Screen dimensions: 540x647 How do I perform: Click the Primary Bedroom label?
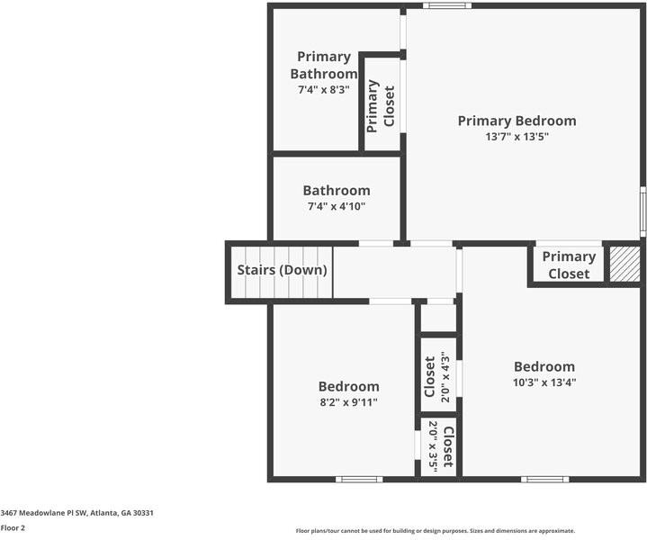click(517, 121)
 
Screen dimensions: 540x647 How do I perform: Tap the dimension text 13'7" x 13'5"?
click(517, 137)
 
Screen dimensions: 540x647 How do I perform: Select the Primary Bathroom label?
click(323, 65)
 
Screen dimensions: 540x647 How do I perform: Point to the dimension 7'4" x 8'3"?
click(323, 90)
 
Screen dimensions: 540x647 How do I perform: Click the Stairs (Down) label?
click(282, 270)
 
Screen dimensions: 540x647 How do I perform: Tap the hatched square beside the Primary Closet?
click(623, 264)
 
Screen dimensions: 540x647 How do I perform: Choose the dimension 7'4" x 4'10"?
click(336, 206)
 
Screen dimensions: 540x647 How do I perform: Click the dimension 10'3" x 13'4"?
click(544, 382)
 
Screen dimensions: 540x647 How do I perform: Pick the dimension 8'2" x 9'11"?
click(348, 401)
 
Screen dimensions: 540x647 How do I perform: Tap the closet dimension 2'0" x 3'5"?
click(433, 446)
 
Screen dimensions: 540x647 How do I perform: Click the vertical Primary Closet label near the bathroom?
click(381, 104)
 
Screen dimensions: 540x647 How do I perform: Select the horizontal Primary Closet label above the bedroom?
click(568, 265)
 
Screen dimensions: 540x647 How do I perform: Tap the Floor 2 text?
click(13, 528)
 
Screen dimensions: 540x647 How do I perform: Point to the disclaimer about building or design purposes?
click(435, 531)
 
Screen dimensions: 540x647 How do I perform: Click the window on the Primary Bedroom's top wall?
click(446, 5)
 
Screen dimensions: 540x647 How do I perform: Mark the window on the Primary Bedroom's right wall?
click(643, 212)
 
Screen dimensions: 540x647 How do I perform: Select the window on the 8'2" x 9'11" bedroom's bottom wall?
click(358, 479)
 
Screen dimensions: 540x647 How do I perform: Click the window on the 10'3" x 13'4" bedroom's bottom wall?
click(544, 479)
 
